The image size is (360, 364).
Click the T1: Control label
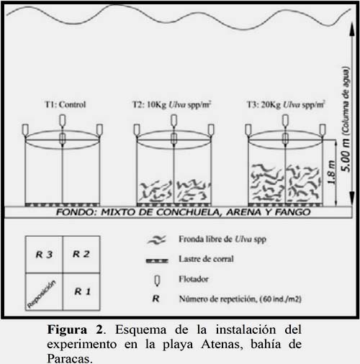pos(66,104)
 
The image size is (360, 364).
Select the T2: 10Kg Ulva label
pos(172,105)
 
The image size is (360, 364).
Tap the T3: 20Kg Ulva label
pos(286,105)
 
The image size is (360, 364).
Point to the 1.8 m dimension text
pos(331,172)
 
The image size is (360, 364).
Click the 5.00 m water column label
pos(346,119)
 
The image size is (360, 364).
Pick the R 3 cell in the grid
pos(44,255)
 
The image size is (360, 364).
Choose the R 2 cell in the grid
pos(81,255)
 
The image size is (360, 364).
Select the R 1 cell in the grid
pos(81,291)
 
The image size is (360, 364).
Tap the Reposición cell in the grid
pos(44,291)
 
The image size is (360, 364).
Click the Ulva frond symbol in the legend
pos(156,240)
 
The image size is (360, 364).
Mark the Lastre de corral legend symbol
pos(157,260)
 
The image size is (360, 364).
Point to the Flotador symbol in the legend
pos(157,281)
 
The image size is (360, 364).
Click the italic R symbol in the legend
pos(156,299)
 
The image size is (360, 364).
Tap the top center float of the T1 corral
pos(63,121)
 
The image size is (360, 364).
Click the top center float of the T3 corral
pos(285,121)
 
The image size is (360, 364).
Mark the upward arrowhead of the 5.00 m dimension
pos(352,29)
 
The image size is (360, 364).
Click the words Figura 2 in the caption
pos(75,329)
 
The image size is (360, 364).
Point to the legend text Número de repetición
pos(217,299)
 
